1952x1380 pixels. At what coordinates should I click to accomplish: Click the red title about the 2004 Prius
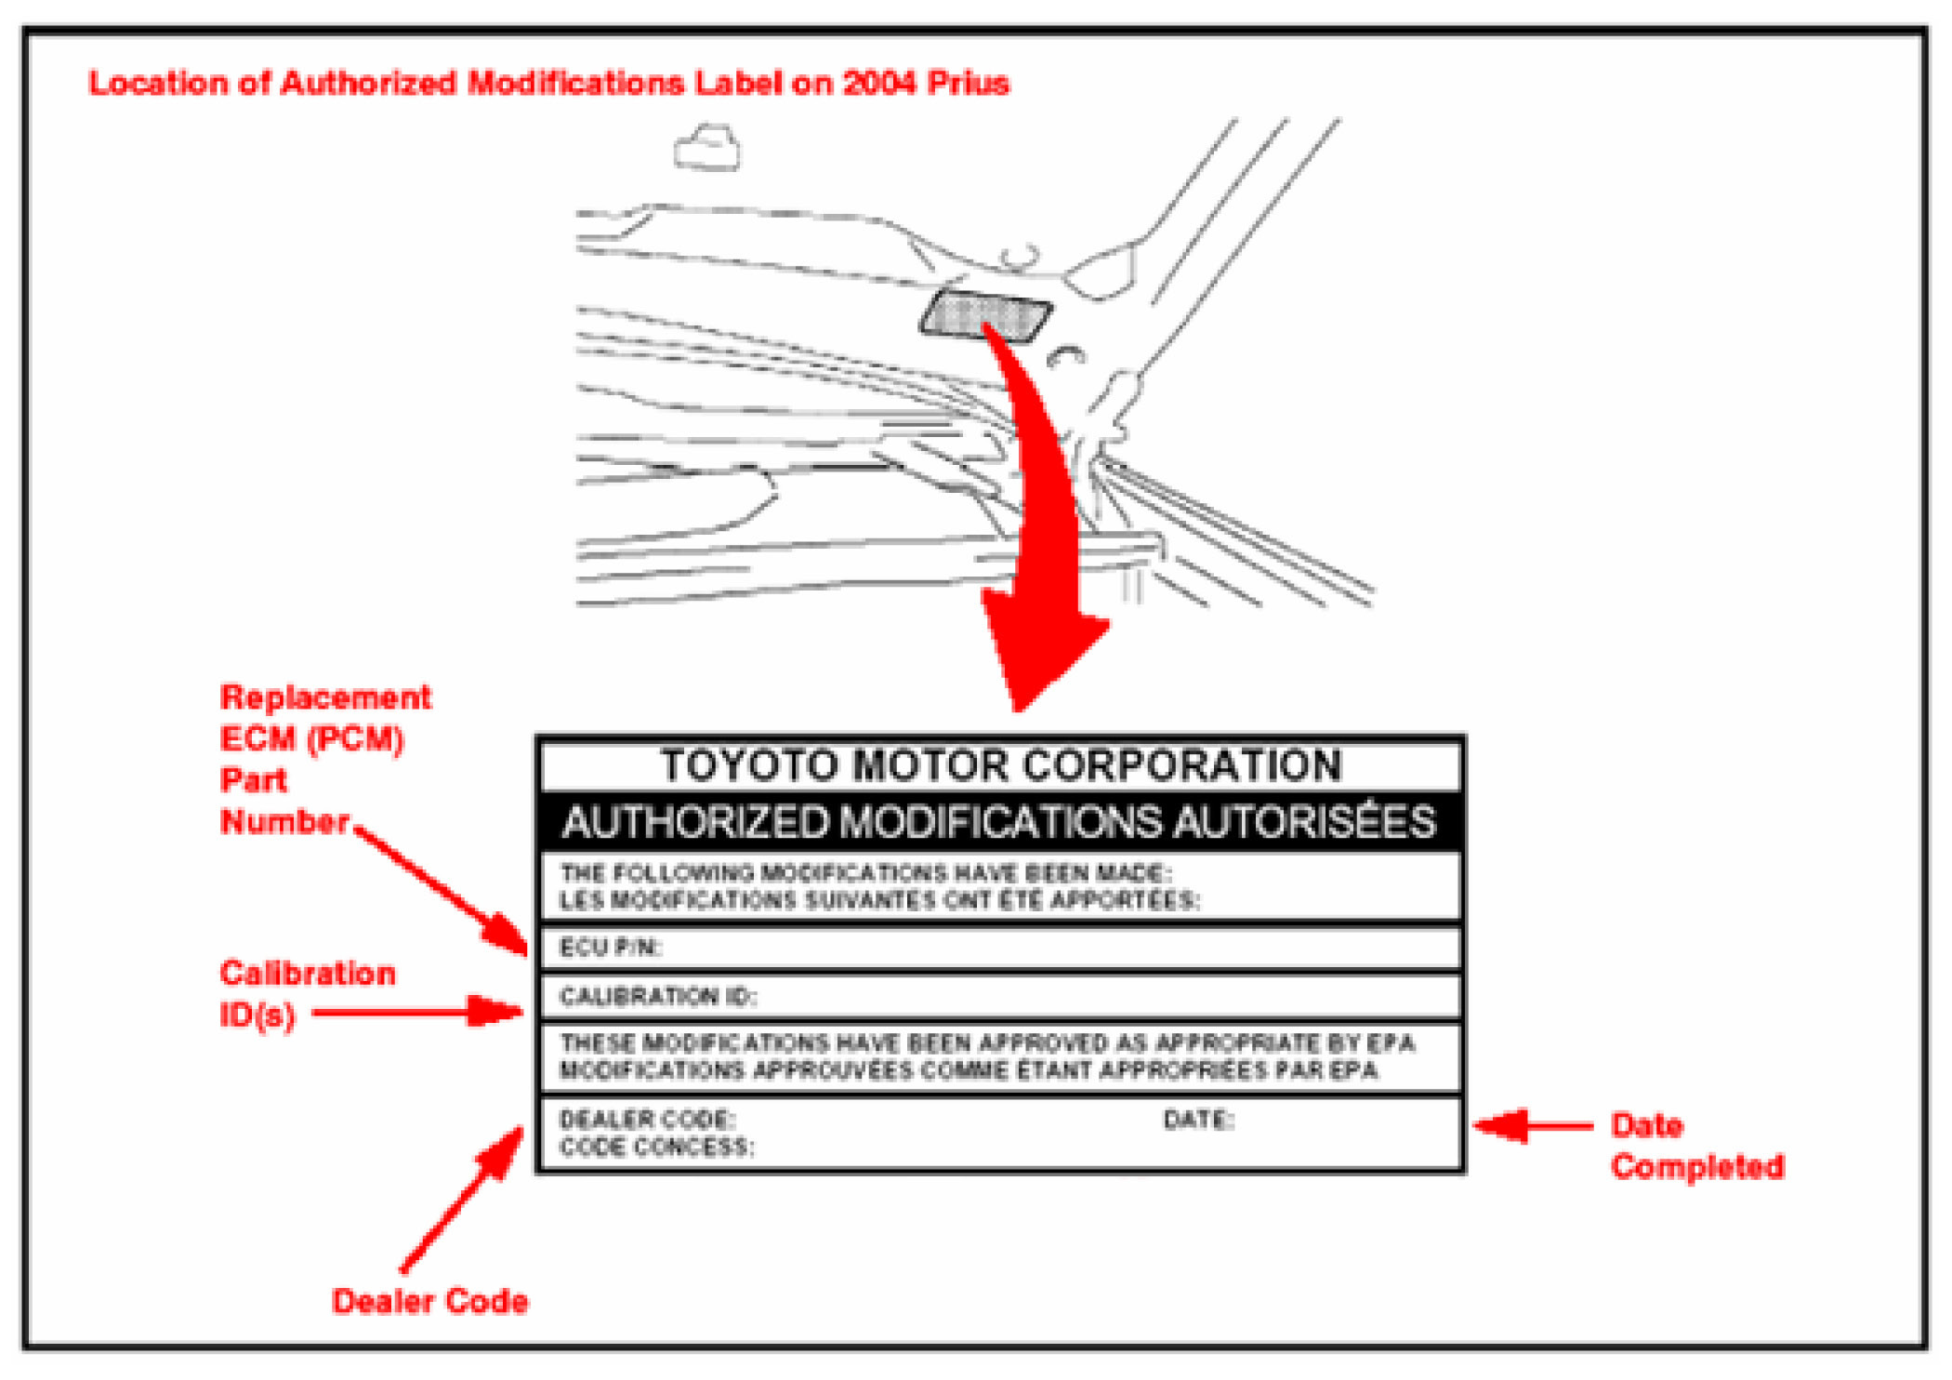(548, 84)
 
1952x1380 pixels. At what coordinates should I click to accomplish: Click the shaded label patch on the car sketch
(985, 314)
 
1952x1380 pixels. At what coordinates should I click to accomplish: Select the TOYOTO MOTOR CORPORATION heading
(1001, 765)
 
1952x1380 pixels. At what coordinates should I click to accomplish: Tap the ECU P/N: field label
(610, 948)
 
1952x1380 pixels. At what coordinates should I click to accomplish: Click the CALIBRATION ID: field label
(658, 997)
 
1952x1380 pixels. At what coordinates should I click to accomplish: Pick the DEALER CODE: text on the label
(647, 1120)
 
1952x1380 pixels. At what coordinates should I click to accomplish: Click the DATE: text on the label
(1198, 1120)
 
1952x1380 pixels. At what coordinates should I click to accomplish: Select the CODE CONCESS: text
(656, 1148)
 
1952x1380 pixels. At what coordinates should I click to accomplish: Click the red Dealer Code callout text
(429, 1301)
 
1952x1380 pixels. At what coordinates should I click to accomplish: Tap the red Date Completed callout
(1696, 1146)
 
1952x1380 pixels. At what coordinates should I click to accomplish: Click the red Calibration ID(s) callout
(307, 993)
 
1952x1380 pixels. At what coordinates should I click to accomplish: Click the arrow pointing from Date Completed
(1534, 1126)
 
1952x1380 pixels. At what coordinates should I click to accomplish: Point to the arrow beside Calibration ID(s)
(418, 1012)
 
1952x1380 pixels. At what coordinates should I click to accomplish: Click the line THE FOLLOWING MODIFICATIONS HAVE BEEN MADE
(865, 873)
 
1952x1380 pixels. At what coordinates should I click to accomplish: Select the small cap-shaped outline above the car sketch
(707, 149)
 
